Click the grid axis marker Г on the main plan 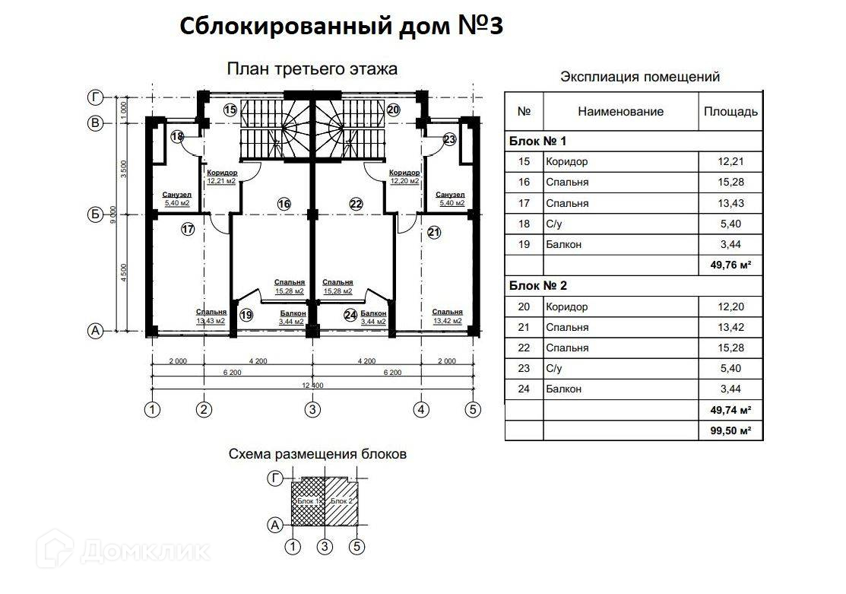point(96,97)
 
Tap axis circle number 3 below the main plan point(312,409)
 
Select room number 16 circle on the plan point(284,204)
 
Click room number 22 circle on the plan point(356,204)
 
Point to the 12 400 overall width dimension point(313,385)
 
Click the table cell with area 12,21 point(730,161)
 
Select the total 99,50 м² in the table point(730,431)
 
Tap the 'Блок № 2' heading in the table point(538,286)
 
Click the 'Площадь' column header point(730,112)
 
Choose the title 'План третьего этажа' point(312,69)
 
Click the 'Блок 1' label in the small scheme point(307,501)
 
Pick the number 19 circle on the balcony point(246,315)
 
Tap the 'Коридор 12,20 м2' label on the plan point(404,177)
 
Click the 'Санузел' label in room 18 point(177,195)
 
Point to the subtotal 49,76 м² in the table point(730,265)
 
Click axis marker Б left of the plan point(96,215)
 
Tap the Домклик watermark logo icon point(55,549)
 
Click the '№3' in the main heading point(480,25)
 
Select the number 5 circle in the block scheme point(356,547)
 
